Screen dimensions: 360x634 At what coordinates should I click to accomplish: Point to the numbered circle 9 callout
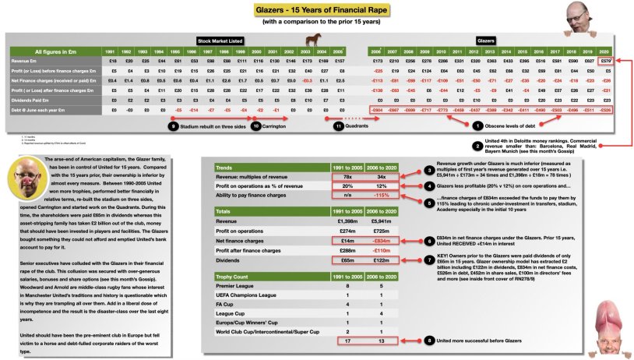click(x=172, y=125)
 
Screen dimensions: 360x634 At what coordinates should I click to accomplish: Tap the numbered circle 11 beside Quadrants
click(x=338, y=125)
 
